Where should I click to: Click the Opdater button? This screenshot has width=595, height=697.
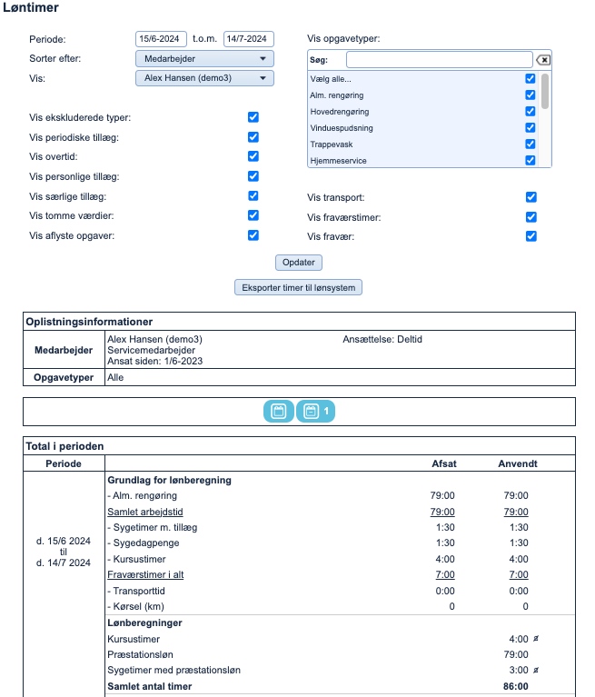299,263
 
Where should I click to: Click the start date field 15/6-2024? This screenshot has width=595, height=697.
161,39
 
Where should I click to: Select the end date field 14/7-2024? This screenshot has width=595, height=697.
248,39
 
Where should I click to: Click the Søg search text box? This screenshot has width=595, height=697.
439,60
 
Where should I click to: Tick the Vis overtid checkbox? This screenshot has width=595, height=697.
253,156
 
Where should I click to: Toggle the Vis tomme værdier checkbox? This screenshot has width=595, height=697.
253,215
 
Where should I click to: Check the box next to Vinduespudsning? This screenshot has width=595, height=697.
531,127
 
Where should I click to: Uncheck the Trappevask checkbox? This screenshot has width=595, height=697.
531,144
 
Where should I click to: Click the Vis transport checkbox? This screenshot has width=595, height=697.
531,197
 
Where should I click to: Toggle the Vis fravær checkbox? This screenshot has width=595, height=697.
531,236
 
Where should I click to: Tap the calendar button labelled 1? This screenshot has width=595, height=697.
315,412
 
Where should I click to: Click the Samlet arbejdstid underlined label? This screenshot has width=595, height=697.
142,513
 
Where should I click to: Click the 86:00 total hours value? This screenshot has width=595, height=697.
516,686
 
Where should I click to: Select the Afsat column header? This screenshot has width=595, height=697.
443,463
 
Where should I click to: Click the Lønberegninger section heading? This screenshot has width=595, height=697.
144,623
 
